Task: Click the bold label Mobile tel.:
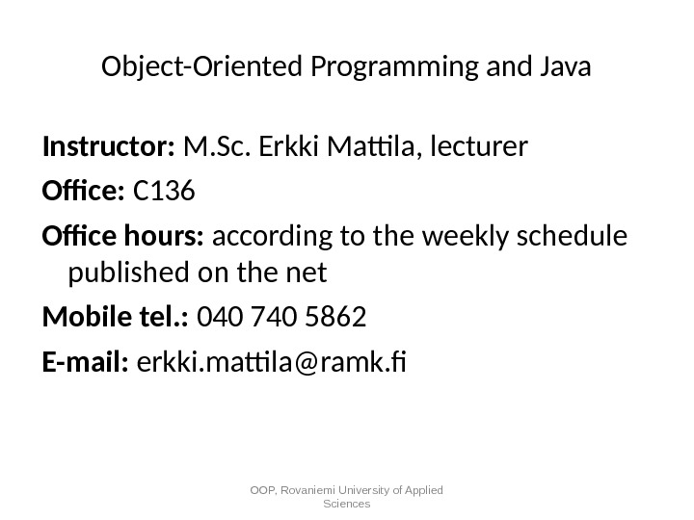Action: [x=116, y=319]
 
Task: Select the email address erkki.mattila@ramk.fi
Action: [x=274, y=363]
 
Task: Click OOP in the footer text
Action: [x=262, y=490]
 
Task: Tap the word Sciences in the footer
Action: [x=347, y=504]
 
